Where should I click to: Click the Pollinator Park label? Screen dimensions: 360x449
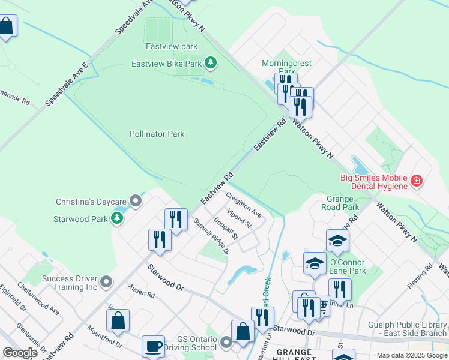tap(157, 134)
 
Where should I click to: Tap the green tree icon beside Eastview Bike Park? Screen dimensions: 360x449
tap(210, 62)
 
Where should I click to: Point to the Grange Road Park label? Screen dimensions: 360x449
tap(343, 203)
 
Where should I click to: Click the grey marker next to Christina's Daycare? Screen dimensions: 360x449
tap(137, 202)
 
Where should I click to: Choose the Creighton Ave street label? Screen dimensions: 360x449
tap(244, 205)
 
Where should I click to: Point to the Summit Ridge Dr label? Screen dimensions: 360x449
tap(211, 236)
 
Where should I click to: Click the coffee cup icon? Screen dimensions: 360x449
tap(153, 346)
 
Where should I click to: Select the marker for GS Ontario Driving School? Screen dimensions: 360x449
tap(226, 343)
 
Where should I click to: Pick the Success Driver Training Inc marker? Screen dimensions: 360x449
tap(107, 281)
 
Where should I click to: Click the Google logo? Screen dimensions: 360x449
tap(20, 353)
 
